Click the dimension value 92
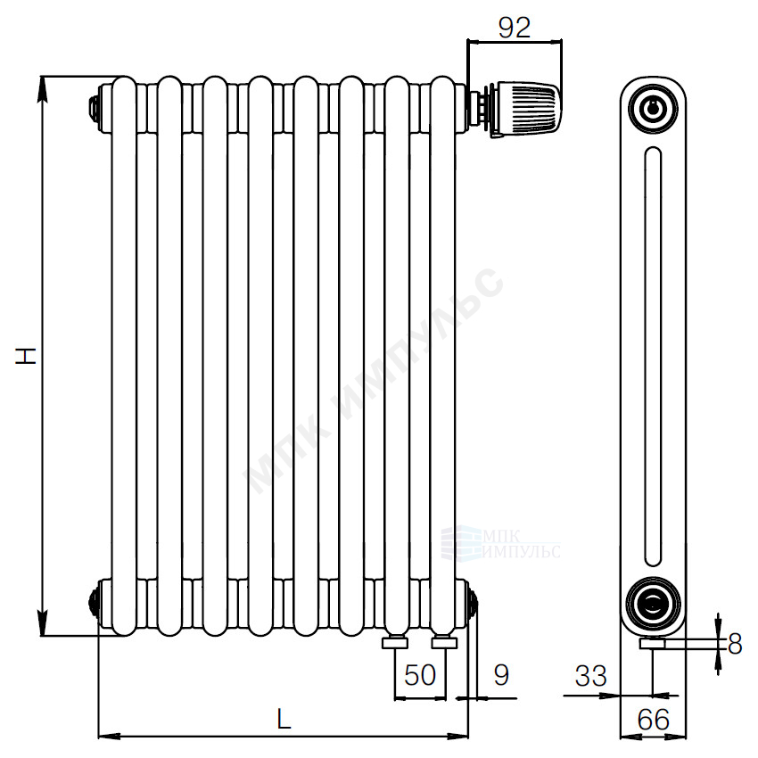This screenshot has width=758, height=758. tap(515, 27)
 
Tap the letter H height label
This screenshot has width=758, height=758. tap(26, 356)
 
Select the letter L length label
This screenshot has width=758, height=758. tap(284, 719)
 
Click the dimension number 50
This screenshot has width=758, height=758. tap(420, 675)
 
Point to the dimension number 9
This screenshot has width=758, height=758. tap(501, 675)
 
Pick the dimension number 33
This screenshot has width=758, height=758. tap(590, 676)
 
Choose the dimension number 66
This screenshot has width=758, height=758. tap(653, 720)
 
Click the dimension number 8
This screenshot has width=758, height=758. tap(734, 644)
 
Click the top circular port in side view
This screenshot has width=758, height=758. tap(653, 108)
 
